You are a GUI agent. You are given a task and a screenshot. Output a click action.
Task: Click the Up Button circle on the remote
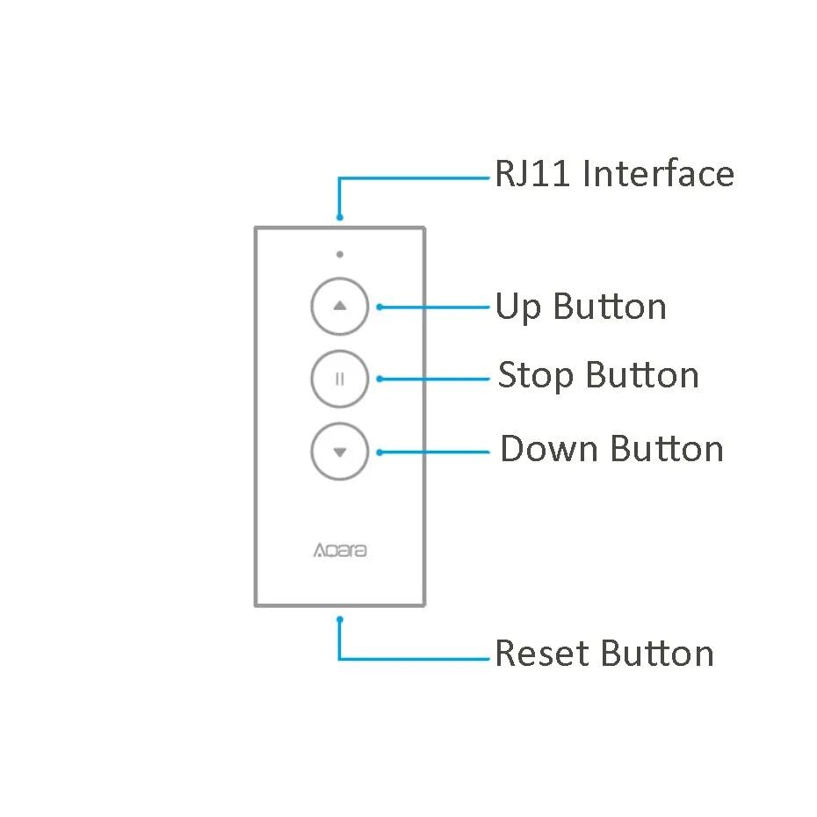coord(340,307)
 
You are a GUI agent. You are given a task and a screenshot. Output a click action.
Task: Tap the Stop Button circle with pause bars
coord(340,380)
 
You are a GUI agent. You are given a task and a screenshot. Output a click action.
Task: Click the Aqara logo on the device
coord(340,552)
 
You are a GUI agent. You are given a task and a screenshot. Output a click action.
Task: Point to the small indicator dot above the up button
coord(339,255)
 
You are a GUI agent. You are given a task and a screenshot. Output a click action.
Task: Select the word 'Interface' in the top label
coord(659,174)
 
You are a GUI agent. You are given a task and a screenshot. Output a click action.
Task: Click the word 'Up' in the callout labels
coord(518,308)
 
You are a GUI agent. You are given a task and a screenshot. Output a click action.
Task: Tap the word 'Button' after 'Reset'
coord(658,654)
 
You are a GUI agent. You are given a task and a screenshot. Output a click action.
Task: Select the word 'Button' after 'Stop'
coord(642,376)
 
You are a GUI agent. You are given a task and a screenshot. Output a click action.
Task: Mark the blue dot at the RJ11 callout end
coord(340,217)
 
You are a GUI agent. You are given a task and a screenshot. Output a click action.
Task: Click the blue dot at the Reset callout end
coord(340,618)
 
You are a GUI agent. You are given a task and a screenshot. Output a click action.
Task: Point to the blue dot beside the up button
coord(380,307)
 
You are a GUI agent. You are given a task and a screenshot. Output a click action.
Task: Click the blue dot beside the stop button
coord(380,380)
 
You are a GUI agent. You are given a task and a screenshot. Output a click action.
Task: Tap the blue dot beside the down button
coord(380,452)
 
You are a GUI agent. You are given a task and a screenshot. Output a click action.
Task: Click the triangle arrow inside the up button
coord(340,306)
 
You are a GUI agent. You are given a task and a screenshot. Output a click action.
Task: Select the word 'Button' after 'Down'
coord(668,449)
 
